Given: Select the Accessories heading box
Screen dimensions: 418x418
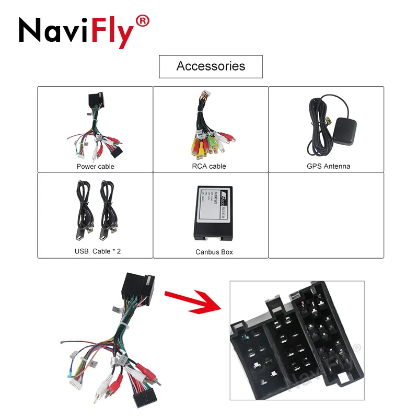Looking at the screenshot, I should (211, 66).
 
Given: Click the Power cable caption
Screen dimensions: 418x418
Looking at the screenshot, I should (95, 166).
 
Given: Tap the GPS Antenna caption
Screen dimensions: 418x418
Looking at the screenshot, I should (326, 166).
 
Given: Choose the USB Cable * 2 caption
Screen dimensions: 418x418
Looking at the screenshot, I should (98, 251).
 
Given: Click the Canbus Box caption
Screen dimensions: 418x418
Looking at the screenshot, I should (214, 252).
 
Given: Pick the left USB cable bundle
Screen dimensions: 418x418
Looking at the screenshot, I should (84, 209).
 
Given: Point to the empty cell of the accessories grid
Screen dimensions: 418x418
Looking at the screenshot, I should (326, 215).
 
